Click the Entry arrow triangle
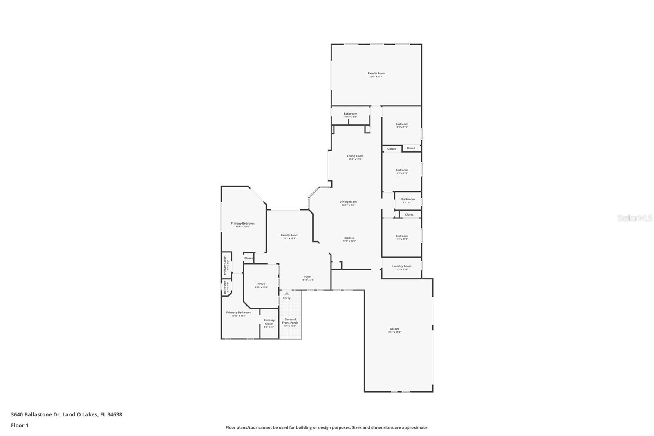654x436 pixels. coord(287,293)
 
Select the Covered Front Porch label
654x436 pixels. coord(290,321)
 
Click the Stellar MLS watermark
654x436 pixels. coord(634,218)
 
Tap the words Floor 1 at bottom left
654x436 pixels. coord(20,425)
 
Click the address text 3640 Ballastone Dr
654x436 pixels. coord(36,414)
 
